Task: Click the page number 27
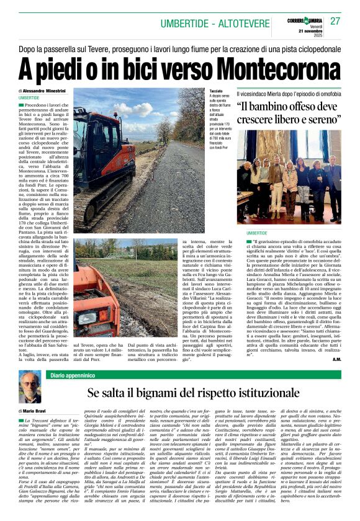tap(335, 20)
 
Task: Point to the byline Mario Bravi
tap(38, 411)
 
